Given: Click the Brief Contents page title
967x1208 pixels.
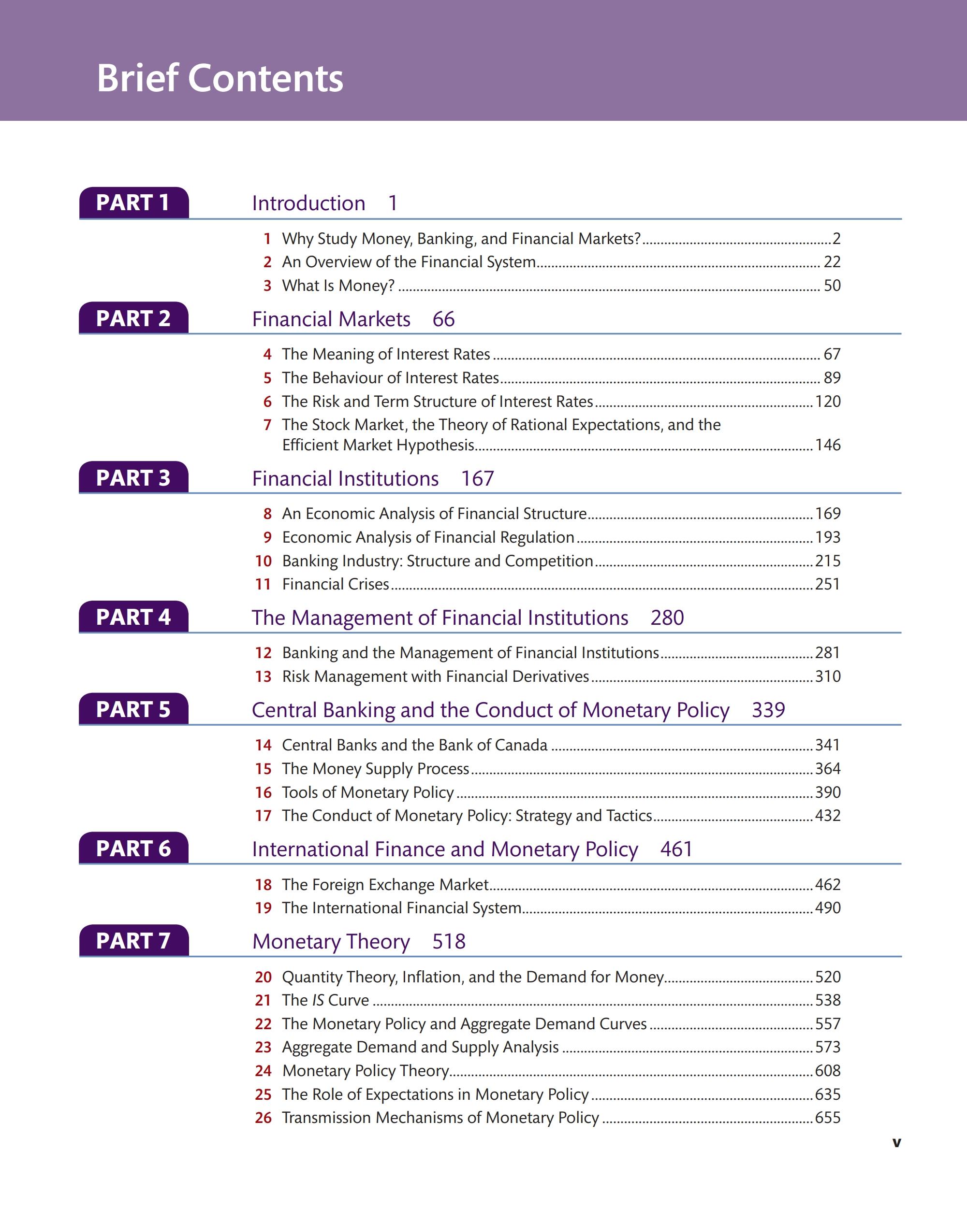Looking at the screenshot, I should click(x=220, y=78).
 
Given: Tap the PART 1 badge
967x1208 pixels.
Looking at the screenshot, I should click(x=133, y=203).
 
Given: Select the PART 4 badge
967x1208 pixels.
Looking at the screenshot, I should click(x=133, y=617).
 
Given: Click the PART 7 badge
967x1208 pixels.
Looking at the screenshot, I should click(x=133, y=941).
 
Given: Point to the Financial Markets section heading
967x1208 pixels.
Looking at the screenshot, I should click(x=331, y=319).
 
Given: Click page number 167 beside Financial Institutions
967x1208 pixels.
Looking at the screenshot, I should click(x=477, y=478).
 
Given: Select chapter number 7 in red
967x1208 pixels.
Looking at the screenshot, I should click(x=267, y=425).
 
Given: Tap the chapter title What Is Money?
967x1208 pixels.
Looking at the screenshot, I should click(x=338, y=286).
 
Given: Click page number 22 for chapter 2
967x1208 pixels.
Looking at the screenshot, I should click(x=832, y=262).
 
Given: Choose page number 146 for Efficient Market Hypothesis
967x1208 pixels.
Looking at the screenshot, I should click(x=827, y=445).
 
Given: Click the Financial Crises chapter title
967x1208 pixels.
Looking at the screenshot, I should click(x=335, y=584).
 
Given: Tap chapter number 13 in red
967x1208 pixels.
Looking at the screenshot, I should click(x=263, y=676).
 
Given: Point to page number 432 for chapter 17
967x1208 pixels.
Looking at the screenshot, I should click(x=827, y=815).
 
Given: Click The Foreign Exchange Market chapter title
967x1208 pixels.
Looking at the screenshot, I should click(x=385, y=884).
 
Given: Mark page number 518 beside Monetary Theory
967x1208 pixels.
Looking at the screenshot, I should click(x=449, y=941).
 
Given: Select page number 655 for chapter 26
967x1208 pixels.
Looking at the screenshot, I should click(x=827, y=1117).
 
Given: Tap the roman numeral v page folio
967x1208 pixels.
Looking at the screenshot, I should click(x=896, y=1142).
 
